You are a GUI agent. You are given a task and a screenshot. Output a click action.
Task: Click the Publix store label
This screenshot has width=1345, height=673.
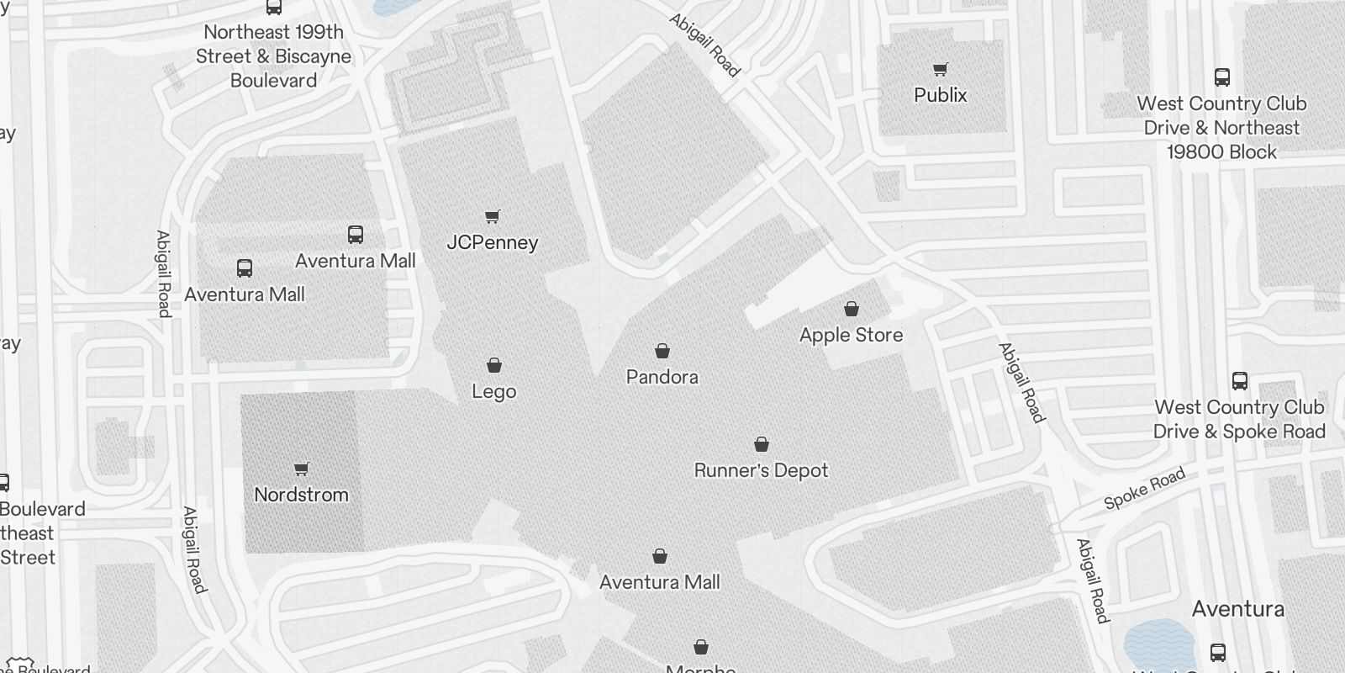[x=940, y=95]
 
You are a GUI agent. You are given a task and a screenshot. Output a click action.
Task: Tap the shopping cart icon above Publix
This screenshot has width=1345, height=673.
[x=940, y=70]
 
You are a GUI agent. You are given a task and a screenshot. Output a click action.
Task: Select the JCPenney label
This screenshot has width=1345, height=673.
[x=492, y=242]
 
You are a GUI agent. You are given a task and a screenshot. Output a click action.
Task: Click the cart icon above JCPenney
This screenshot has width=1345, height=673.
[x=493, y=217]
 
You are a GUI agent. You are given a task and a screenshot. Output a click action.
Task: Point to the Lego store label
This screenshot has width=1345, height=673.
[x=493, y=391]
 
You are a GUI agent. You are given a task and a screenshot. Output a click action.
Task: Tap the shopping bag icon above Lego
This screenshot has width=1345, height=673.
[x=494, y=365]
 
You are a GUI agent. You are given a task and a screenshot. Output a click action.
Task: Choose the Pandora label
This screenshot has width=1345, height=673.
[x=662, y=377]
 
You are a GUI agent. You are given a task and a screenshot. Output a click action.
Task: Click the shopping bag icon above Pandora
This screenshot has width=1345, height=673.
[x=662, y=351]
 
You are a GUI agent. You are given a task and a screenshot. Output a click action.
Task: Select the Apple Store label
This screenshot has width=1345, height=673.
[x=851, y=335]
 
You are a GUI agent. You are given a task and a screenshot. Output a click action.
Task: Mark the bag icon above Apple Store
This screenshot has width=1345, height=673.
[x=852, y=309]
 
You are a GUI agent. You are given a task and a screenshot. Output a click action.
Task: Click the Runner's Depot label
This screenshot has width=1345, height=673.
[x=761, y=470]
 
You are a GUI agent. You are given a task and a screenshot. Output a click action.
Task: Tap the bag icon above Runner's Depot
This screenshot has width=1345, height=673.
[x=762, y=444]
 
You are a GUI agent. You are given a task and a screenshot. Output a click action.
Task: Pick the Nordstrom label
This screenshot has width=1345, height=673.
[x=301, y=495]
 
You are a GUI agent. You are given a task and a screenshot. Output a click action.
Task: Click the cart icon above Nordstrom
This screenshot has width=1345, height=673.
[x=302, y=469]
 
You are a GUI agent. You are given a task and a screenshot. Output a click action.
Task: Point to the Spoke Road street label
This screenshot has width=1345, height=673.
[x=1144, y=489]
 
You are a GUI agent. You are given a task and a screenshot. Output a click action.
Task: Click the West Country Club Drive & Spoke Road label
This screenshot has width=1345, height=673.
[x=1239, y=419]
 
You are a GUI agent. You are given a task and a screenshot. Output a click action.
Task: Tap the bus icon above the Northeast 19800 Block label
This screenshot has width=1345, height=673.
[x=1222, y=77]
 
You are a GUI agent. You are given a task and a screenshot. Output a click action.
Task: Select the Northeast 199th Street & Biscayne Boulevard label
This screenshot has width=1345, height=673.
[x=273, y=56]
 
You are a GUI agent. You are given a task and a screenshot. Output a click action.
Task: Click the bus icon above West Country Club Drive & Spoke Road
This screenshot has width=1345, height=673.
[x=1239, y=380]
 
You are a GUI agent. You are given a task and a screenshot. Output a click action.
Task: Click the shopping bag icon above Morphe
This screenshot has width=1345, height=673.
[x=701, y=647]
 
